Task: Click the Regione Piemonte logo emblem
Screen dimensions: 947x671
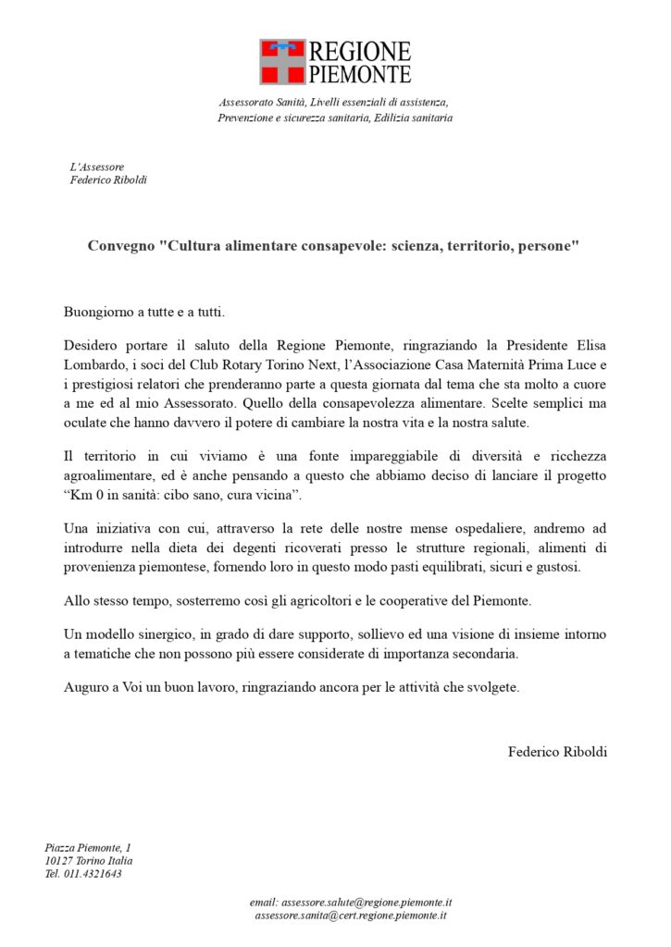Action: tap(283, 62)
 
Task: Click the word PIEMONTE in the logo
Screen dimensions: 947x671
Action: tap(360, 74)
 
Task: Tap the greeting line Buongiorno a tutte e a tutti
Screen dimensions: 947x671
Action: tap(144, 312)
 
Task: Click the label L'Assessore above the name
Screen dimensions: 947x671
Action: tap(97, 167)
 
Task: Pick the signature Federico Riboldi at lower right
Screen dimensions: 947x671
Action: tap(557, 752)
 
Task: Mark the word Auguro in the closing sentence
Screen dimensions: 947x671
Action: tap(85, 687)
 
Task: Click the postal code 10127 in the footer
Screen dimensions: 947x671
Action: tap(59, 860)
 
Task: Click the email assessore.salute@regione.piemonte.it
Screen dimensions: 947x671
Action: tap(351, 902)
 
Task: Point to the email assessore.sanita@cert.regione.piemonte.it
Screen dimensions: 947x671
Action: tap(351, 915)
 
